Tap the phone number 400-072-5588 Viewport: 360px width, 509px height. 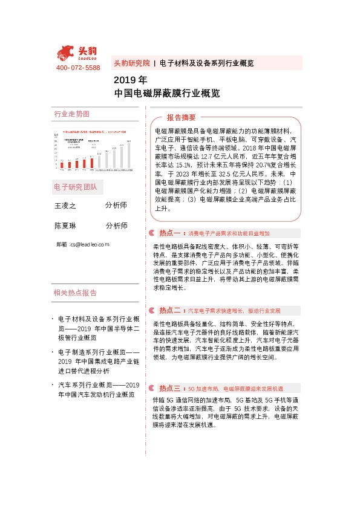point(78,68)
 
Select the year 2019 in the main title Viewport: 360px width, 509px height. point(122,80)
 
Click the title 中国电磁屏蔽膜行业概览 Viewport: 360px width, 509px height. point(158,94)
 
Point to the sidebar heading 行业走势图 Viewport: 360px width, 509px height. point(71,114)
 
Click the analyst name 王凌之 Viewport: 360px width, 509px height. point(66,206)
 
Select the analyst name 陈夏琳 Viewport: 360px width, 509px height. point(66,225)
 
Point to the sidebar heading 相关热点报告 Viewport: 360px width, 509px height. point(75,293)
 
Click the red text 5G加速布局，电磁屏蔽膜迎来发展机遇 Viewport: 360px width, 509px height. point(235,388)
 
